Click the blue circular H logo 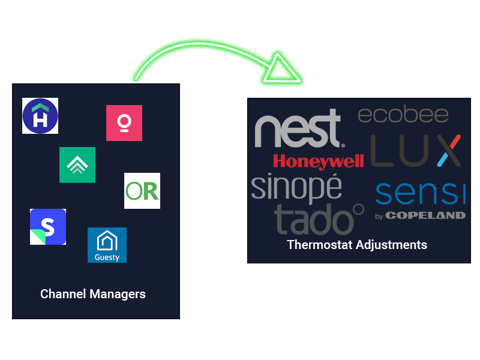40,116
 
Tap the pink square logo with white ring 124,123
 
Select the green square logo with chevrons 77,164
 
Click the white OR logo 142,191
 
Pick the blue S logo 48,227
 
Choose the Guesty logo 107,245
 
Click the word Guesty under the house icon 107,257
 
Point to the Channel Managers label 93,294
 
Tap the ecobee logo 403,115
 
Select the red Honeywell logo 318,161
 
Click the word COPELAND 425,215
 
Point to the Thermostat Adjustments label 357,245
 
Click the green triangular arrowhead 279,68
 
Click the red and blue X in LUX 448,151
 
